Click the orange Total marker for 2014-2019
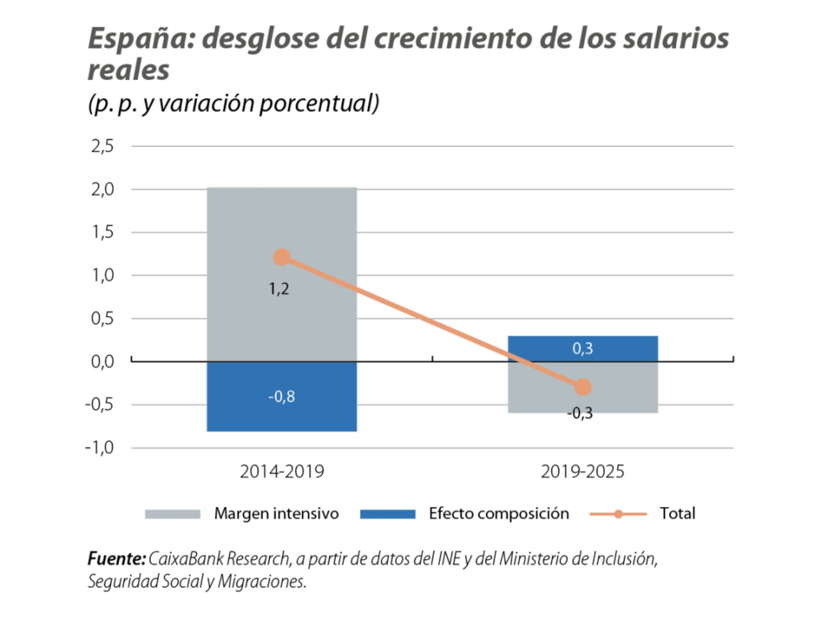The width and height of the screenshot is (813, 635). (x=281, y=257)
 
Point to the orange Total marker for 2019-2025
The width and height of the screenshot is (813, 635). (x=582, y=387)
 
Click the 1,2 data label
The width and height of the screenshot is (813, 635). (x=279, y=289)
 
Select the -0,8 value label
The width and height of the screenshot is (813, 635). (x=281, y=397)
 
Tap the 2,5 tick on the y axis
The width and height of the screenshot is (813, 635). (x=102, y=146)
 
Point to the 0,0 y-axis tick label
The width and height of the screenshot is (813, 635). (x=102, y=362)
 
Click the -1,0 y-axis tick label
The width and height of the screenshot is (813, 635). (x=100, y=447)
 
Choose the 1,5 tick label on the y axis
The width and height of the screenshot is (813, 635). (x=102, y=232)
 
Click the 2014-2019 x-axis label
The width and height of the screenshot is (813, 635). (x=281, y=472)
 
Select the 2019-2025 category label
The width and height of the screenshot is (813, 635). (x=582, y=472)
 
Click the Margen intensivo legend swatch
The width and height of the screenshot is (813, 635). (x=172, y=514)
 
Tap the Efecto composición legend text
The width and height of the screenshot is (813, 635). (x=499, y=514)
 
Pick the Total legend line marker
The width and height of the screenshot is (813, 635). (x=618, y=514)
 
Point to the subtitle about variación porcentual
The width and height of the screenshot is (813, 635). (x=233, y=103)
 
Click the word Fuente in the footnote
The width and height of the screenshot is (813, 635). (x=116, y=559)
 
